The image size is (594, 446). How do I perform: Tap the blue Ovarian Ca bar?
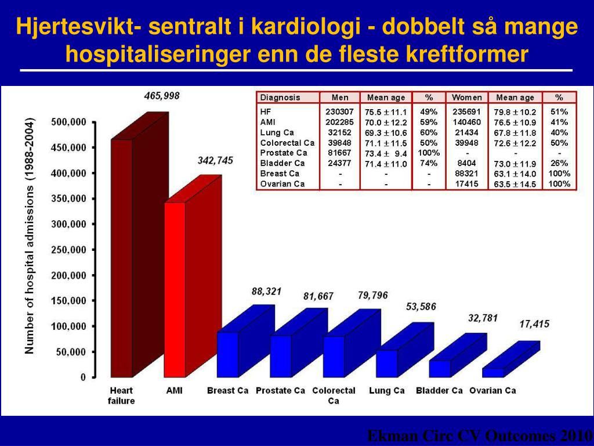point(494,372)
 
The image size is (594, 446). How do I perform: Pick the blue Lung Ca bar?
point(387,363)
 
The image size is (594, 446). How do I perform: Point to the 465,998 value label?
point(162,96)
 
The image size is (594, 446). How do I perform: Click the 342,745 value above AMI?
point(215,160)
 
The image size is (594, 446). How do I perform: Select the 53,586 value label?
point(421,306)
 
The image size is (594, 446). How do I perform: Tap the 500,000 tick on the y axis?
point(69,122)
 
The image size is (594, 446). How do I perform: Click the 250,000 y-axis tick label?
point(69,250)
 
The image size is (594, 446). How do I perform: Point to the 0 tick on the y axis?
point(83,377)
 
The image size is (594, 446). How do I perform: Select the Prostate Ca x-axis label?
point(280,391)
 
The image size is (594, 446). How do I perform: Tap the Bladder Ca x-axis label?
point(439,391)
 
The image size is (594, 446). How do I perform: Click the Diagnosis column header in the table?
point(280,98)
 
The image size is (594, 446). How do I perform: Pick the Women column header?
point(467,98)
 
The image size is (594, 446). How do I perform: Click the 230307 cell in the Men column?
point(339,111)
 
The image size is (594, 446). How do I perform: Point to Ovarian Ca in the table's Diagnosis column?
point(282,184)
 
